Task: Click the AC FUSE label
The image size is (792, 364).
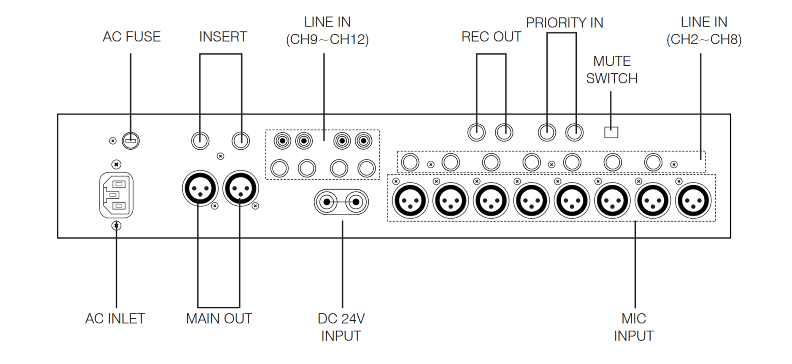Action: click(132, 37)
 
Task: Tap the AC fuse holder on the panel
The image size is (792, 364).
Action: click(131, 140)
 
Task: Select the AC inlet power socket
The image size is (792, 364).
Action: click(116, 195)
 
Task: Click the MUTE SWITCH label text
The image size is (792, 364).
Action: click(612, 70)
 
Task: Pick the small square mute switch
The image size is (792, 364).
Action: click(611, 132)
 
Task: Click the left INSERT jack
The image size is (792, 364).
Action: click(200, 140)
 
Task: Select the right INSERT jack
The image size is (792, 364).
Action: click(241, 140)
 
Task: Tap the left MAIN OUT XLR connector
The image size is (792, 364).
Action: click(200, 188)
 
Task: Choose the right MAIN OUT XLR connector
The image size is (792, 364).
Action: click(241, 188)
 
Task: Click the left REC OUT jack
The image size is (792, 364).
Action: click(477, 132)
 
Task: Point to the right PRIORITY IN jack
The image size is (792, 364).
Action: click(574, 132)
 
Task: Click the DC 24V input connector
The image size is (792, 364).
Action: click(341, 202)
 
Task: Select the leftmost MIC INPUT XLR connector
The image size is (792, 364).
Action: click(410, 200)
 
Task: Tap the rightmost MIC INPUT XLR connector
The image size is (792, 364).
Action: click(693, 200)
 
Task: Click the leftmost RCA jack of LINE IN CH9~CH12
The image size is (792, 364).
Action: click(282, 140)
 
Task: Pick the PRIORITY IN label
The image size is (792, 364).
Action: click(565, 23)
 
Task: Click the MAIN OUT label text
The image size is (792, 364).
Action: click(219, 319)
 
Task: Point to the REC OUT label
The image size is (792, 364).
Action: click(491, 37)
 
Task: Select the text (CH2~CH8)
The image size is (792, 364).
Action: click(704, 40)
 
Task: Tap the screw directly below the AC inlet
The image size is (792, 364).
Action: click(116, 226)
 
